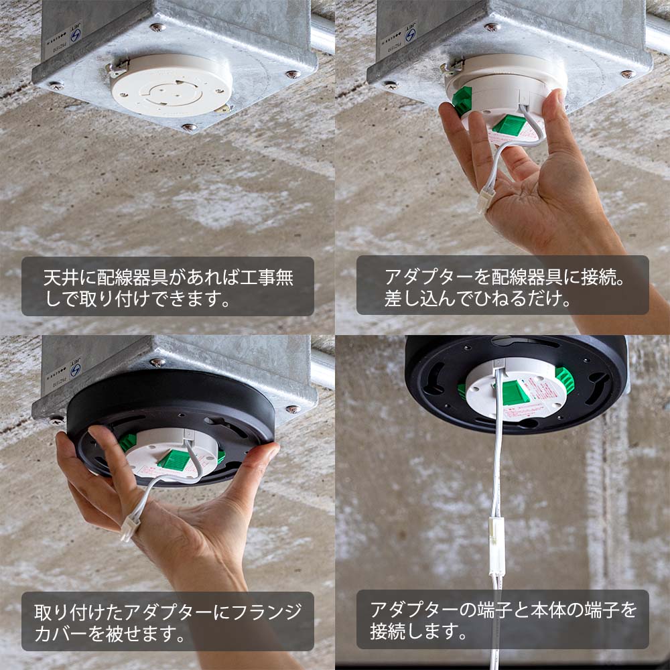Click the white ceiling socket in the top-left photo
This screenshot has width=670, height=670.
tap(171, 86)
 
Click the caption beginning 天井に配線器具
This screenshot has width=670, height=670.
tap(167, 286)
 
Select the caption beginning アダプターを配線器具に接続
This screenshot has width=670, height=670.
tap(503, 285)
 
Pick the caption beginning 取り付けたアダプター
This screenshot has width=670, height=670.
tap(167, 621)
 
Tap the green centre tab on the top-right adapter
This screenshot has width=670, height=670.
tap(509, 125)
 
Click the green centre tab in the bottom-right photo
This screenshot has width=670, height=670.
tap(515, 393)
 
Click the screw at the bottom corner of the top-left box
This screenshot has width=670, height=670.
tap(190, 126)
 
